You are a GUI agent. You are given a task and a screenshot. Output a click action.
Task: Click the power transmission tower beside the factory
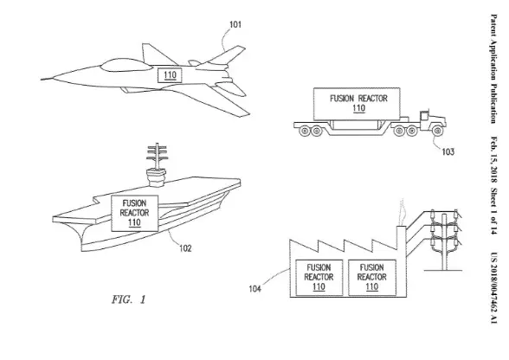tap(449, 247)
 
